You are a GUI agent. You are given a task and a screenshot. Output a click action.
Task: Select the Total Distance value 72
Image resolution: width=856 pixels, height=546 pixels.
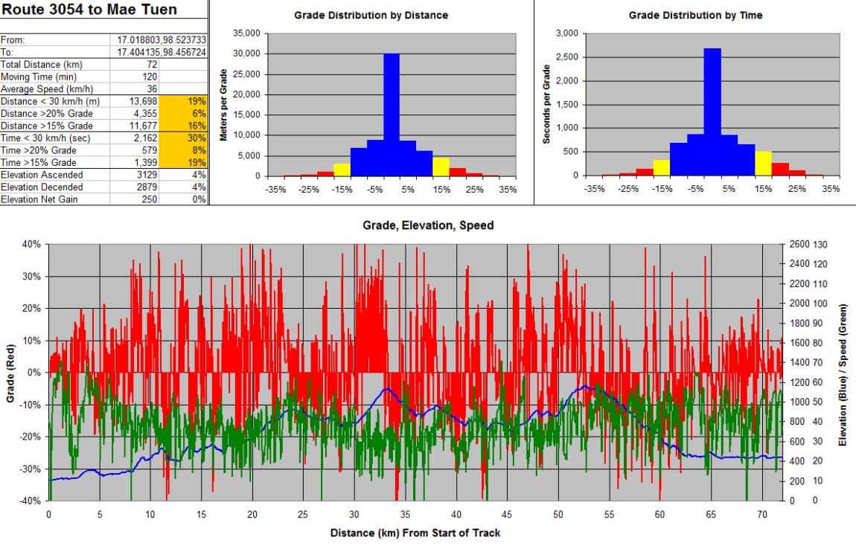[152, 65]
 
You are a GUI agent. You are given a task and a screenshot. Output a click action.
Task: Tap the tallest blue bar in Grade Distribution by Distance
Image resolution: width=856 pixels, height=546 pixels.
[392, 115]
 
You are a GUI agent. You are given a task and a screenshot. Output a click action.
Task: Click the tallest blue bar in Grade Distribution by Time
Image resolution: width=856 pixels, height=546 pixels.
[712, 112]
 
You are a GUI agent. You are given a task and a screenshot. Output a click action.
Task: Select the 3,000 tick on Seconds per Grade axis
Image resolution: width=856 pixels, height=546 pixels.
[567, 33]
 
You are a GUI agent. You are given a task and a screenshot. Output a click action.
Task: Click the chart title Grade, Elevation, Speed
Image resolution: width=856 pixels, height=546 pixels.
[427, 225]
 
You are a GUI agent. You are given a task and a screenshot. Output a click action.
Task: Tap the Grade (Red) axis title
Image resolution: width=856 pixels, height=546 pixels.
[10, 373]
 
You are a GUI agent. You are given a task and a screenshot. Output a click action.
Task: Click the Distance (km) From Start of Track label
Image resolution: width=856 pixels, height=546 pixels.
[415, 533]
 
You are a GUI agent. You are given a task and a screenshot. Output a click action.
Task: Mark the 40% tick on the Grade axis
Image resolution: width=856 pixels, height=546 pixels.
[31, 244]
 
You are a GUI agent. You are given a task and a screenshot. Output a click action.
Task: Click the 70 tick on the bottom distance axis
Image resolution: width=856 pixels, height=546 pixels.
[764, 515]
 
